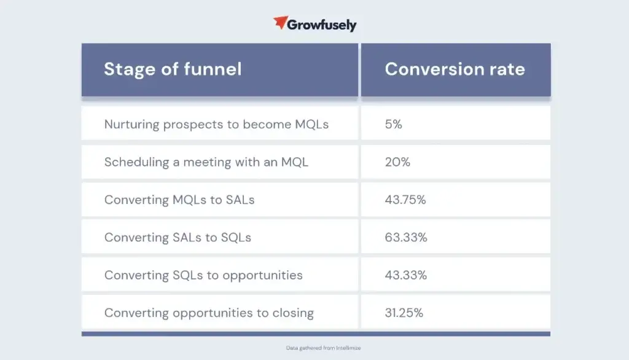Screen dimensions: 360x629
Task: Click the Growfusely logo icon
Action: [x=281, y=23]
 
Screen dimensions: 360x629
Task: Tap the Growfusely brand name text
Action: [x=323, y=25]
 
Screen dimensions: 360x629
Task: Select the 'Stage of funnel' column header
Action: [x=173, y=69]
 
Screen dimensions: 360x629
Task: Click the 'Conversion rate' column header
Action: [x=455, y=69]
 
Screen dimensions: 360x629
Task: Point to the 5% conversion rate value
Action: [x=394, y=125]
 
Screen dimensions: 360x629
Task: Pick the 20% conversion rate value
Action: [x=397, y=162]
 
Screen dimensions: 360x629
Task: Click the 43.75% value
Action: [x=406, y=200]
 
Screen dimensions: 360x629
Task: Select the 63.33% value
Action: [x=406, y=237]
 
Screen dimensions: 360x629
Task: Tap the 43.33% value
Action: [x=406, y=275]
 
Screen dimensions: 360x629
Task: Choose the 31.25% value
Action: [x=404, y=313]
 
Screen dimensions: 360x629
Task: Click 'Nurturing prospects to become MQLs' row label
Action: [x=216, y=125]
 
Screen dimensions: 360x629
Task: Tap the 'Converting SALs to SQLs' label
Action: [x=178, y=237]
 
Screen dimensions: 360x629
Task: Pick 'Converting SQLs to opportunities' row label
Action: [x=203, y=275]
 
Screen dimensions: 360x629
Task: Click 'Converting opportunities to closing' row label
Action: [x=209, y=313]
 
